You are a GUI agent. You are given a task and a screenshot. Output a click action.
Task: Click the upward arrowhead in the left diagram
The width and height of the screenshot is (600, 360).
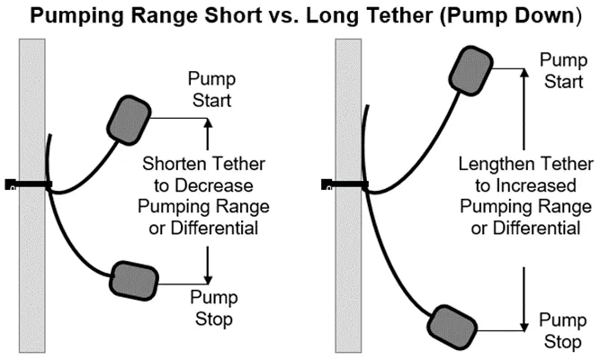tap(208, 124)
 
